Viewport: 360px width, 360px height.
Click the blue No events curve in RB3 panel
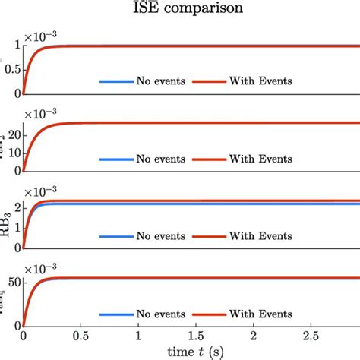190,204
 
